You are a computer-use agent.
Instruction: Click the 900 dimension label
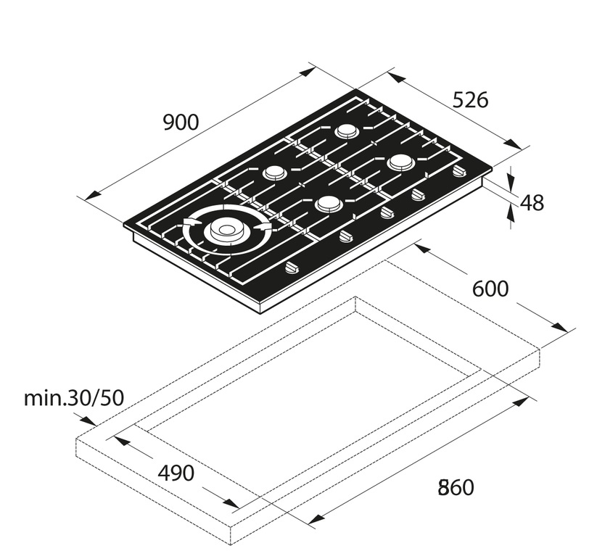(181, 123)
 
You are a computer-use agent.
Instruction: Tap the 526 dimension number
(470, 100)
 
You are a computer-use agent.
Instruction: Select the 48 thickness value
(532, 203)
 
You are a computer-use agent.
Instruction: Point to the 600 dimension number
(490, 289)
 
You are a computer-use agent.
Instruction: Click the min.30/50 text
(74, 397)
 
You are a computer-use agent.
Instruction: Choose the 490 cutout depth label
(176, 473)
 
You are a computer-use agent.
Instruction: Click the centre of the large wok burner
(224, 231)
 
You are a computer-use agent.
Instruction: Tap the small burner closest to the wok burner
(274, 173)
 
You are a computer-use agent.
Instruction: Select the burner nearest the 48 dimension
(400, 163)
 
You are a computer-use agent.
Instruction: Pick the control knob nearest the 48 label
(458, 172)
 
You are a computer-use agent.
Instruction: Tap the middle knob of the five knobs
(386, 212)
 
